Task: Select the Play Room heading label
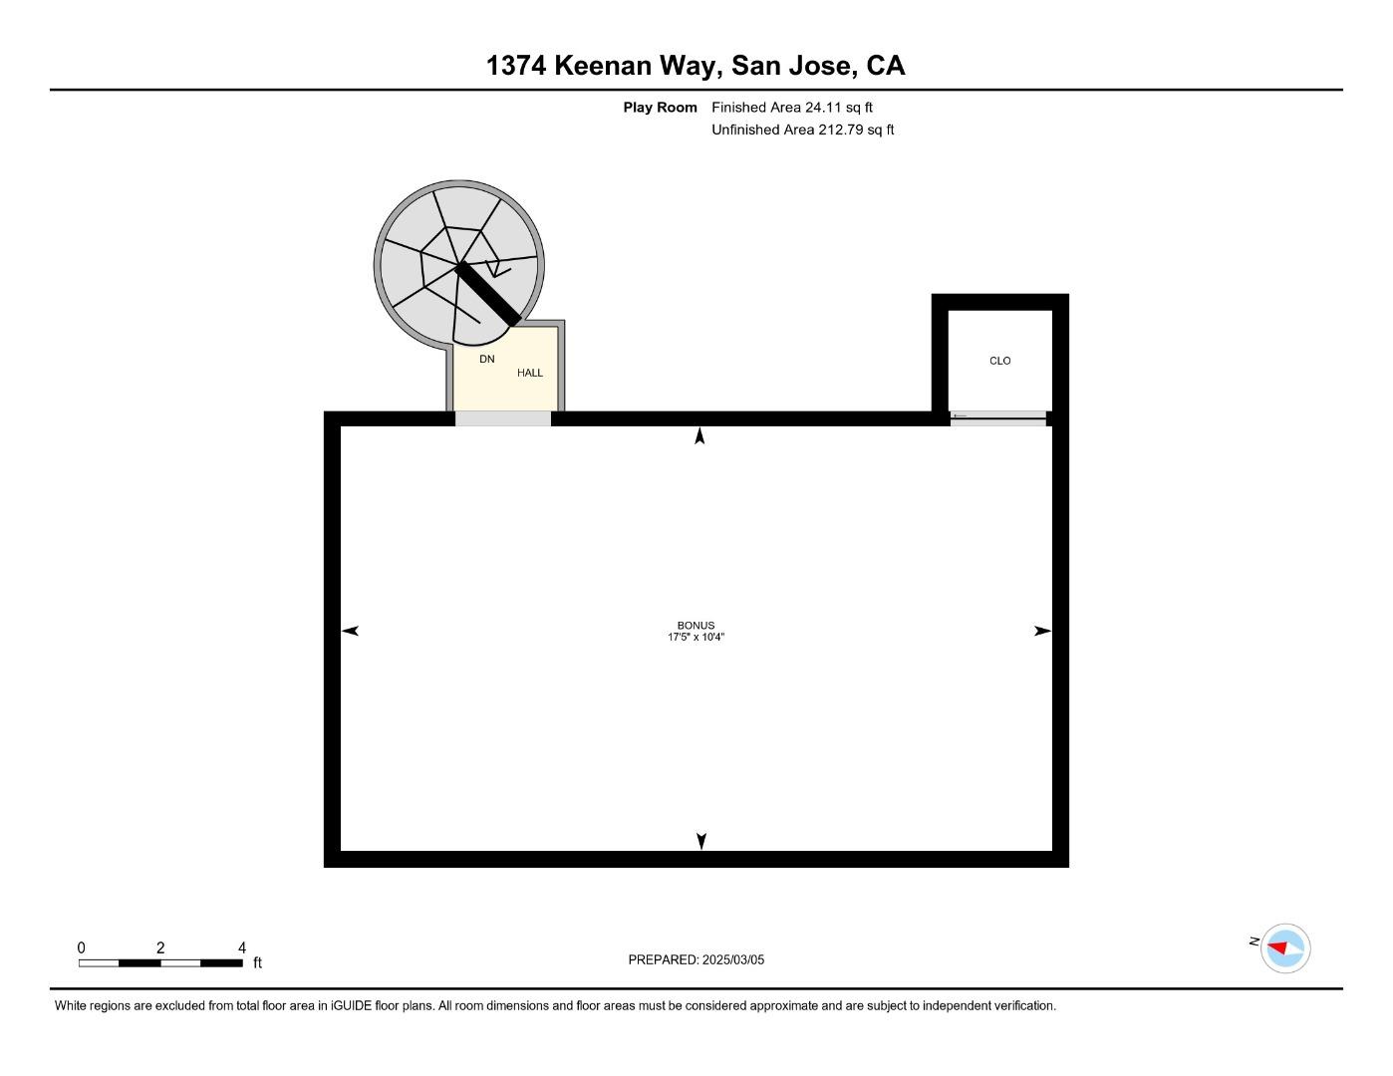[x=660, y=108]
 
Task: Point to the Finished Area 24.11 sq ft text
[x=791, y=108]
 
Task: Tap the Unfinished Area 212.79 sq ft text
[x=802, y=130]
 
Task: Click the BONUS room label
[x=696, y=626]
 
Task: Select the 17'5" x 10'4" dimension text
[x=696, y=638]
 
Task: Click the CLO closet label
[x=999, y=361]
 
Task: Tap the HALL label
[x=529, y=373]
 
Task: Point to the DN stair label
[x=486, y=359]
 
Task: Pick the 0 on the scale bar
[x=82, y=947]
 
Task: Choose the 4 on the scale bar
[x=241, y=947]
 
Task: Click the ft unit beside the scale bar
[x=257, y=962]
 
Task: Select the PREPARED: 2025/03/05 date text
[x=696, y=959]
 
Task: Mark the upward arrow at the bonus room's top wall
[x=699, y=435]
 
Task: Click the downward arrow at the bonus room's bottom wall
[x=701, y=841]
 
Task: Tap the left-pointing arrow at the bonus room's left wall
[x=350, y=631]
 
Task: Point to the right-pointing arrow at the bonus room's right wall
[x=1042, y=631]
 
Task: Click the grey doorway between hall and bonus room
[x=502, y=418]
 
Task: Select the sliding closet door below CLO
[x=997, y=418]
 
